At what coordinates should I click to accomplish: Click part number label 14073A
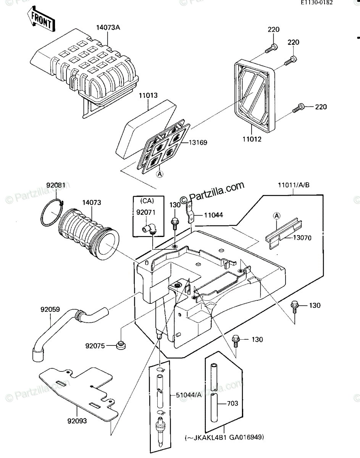coord(108,27)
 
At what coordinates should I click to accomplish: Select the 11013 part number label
coord(148,95)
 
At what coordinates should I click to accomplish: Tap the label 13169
coord(198,142)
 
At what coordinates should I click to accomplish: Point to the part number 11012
coord(252,139)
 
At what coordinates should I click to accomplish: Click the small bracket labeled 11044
coord(190,212)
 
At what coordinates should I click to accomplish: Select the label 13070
coord(302,238)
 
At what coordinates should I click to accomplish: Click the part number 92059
coord(50,310)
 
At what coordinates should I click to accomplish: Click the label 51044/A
coord(189,395)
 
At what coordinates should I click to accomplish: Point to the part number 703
coord(233,403)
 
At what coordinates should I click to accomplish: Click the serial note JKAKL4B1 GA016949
coord(224,437)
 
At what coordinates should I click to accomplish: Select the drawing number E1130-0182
coord(316,2)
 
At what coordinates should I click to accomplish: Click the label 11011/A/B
coord(294,185)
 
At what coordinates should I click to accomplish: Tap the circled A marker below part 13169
coord(160,174)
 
